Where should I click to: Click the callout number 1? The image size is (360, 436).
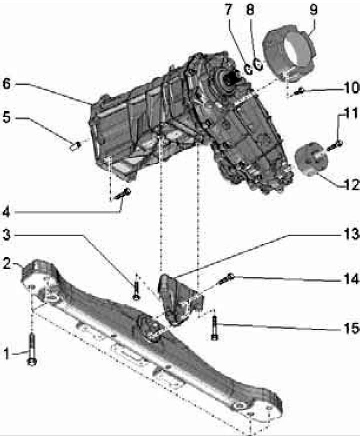tap(6, 354)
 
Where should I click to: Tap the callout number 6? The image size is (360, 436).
tap(6, 84)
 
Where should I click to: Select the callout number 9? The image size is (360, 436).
tap(313, 10)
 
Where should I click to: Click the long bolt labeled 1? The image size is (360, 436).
tap(32, 349)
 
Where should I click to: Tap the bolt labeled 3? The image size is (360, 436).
tap(136, 290)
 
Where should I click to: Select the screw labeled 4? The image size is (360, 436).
tap(122, 194)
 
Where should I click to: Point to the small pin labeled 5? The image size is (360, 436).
tap(75, 146)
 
